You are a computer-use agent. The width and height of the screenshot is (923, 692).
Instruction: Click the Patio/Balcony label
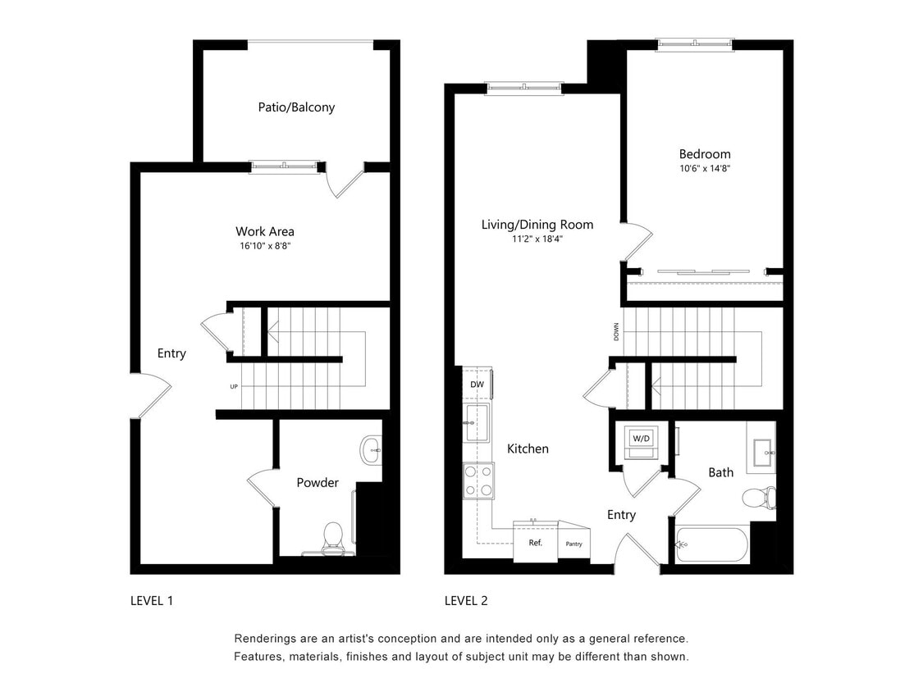click(296, 107)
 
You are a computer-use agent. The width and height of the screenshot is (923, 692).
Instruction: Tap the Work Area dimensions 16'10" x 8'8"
click(264, 246)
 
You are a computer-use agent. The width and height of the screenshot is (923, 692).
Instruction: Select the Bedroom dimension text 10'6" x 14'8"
click(704, 169)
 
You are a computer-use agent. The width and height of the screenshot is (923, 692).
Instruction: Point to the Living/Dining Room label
click(537, 225)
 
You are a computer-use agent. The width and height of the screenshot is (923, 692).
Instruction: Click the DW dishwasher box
click(477, 384)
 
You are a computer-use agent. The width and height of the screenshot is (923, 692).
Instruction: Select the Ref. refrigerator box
click(535, 543)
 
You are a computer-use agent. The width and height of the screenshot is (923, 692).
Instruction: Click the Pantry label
click(574, 544)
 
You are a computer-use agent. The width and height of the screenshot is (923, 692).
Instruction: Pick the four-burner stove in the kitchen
click(478, 481)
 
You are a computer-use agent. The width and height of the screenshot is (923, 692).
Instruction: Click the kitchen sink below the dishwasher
click(476, 423)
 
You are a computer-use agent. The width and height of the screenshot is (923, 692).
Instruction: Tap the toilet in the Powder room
click(333, 536)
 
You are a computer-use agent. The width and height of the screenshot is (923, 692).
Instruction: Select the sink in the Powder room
click(371, 449)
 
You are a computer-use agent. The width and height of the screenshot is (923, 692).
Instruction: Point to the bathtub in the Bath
click(712, 544)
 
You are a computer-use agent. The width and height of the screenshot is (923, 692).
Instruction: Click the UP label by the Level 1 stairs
click(234, 386)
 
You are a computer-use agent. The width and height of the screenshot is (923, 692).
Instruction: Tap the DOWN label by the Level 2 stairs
click(616, 331)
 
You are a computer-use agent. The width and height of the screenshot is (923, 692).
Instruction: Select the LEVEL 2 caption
click(466, 601)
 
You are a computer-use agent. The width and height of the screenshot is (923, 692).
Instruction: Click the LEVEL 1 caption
click(152, 601)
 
